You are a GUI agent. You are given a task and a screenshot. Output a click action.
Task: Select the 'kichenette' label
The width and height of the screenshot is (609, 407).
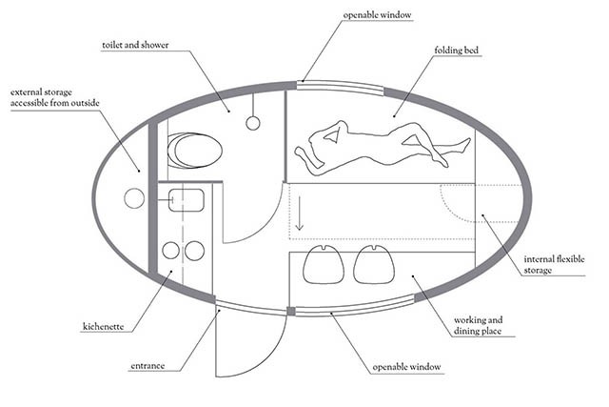[x=105, y=327]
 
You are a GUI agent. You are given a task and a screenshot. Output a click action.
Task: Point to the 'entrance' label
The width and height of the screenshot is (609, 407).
[x=146, y=365]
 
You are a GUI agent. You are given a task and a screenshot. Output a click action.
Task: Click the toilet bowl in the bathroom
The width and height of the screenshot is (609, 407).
[x=194, y=151]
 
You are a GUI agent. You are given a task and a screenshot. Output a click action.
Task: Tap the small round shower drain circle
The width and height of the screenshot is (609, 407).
[x=253, y=122]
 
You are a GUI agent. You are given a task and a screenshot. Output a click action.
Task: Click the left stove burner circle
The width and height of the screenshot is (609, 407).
[x=171, y=250]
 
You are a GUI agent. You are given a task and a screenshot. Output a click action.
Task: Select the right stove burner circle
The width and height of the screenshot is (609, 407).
[x=195, y=250]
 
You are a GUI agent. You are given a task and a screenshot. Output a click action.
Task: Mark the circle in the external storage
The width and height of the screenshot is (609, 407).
[x=134, y=198]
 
